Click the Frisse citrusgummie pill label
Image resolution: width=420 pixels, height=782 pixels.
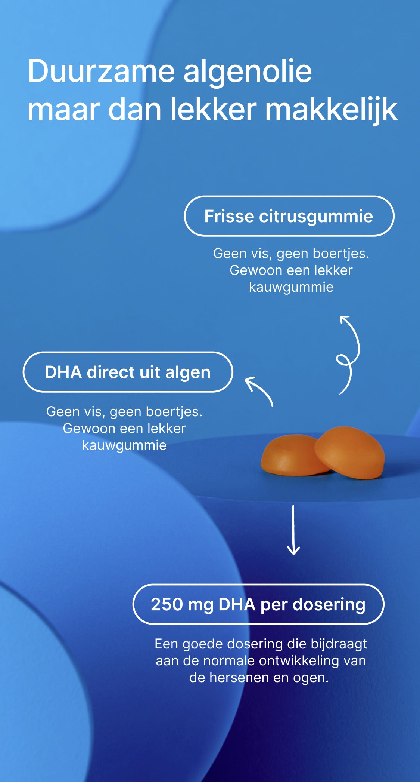point(289,216)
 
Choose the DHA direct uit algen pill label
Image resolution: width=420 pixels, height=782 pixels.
point(128,372)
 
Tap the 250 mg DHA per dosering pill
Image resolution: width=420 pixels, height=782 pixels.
point(258,604)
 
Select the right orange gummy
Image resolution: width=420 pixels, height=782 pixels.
point(350,451)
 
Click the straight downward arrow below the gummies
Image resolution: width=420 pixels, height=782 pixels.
point(293,530)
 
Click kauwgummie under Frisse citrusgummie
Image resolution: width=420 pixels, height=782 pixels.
point(291,287)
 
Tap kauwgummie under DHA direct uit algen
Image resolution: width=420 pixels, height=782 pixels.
point(124,445)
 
